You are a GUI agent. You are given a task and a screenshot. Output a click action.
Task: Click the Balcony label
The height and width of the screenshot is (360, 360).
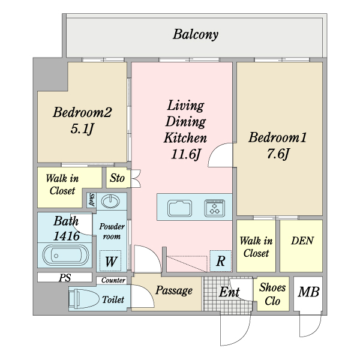pos(196,35)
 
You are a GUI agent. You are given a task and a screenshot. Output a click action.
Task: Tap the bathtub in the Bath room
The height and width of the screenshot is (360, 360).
pos(65,256)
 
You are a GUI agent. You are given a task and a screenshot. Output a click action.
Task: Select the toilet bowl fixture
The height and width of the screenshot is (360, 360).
pos(83,298)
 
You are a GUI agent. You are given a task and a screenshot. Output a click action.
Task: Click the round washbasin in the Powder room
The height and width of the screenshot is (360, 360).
pos(110,202)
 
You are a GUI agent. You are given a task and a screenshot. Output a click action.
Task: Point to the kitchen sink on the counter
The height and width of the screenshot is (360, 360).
pos(179,208)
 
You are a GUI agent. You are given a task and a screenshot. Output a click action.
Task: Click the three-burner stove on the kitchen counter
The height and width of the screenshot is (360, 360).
pos(214,208)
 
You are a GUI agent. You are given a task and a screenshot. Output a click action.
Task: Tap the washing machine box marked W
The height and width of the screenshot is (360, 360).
pos(110,260)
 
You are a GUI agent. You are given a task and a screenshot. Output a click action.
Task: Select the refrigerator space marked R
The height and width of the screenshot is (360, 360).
pos(220,261)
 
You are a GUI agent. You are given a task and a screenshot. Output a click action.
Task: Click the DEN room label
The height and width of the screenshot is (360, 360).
pos(302,241)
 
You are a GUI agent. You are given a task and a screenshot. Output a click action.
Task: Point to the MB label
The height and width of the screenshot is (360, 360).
pos(308,292)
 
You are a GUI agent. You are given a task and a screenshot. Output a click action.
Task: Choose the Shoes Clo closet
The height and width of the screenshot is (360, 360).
pos(273,294)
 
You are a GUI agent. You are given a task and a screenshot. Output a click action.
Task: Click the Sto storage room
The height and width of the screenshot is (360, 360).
pos(118,178)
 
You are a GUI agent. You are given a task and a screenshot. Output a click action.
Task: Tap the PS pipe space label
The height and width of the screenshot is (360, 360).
pos(65,278)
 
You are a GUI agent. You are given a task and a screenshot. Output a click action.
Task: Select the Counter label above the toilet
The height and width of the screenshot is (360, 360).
pos(113,280)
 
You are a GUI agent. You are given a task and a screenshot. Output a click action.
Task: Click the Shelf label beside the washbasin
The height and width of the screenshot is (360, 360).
pos(92,200)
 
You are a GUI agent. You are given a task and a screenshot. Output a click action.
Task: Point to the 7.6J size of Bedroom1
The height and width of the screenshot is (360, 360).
pos(277,154)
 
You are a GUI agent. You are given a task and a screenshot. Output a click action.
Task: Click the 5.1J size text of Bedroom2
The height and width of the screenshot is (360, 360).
pos(82,129)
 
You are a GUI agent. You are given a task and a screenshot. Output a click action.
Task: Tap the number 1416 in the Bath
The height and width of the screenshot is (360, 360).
pos(67,236)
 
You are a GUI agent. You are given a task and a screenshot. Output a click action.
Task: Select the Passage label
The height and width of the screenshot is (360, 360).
pos(174,290)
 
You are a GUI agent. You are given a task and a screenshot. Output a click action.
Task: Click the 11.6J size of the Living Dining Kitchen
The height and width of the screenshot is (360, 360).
pos(185,154)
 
